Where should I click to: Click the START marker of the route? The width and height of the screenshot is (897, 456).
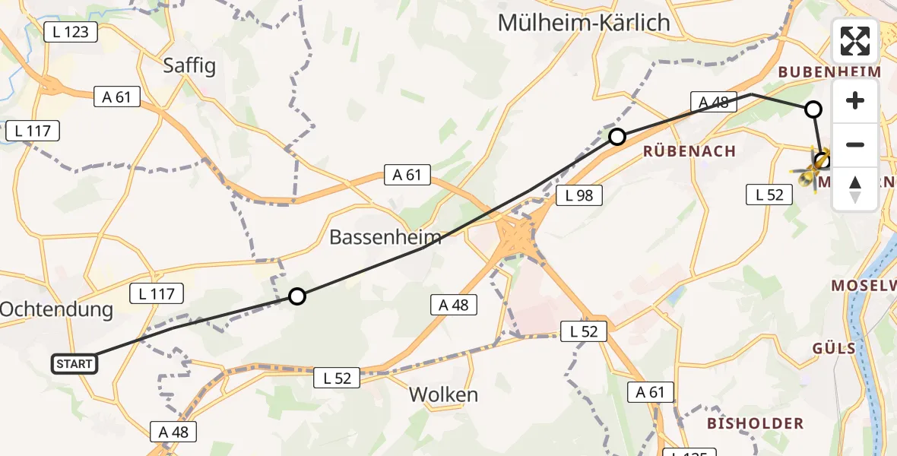pyautogui.click(x=74, y=364)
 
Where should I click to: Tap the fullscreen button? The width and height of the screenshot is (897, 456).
pyautogui.click(x=855, y=41)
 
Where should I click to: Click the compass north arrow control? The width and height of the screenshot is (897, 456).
pyautogui.click(x=855, y=189)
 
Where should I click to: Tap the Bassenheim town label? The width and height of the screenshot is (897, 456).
pyautogui.click(x=385, y=238)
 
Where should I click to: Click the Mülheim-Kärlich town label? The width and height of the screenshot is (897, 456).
pyautogui.click(x=584, y=23)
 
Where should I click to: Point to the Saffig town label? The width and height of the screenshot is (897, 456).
pyautogui.click(x=189, y=66)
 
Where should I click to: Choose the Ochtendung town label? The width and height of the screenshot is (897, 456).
pyautogui.click(x=56, y=309)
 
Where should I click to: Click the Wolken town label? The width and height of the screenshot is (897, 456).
pyautogui.click(x=443, y=395)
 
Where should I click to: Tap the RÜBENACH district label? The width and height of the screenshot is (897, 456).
pyautogui.click(x=689, y=151)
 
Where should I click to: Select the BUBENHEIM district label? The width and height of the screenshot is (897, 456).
pyautogui.click(x=830, y=72)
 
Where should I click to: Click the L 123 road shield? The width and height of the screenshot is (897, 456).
pyautogui.click(x=71, y=32)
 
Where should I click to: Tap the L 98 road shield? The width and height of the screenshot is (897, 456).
pyautogui.click(x=579, y=196)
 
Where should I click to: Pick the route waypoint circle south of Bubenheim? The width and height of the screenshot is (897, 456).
pyautogui.click(x=813, y=109)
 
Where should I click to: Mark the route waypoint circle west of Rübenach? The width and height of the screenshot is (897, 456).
pyautogui.click(x=617, y=137)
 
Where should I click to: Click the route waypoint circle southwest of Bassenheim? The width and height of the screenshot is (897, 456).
pyautogui.click(x=297, y=296)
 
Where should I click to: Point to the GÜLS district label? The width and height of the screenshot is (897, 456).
pyautogui.click(x=834, y=349)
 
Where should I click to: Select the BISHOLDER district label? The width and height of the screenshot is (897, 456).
pyautogui.click(x=755, y=423)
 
